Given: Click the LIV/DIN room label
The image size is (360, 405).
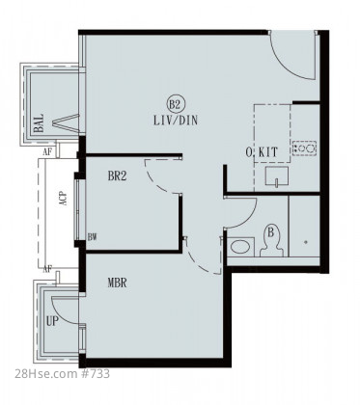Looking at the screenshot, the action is click(x=176, y=121).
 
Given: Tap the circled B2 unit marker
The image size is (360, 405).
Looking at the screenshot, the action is click(x=176, y=103).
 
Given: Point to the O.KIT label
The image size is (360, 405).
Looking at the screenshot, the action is click(x=262, y=152).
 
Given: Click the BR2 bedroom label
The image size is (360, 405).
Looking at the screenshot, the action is click(x=117, y=176).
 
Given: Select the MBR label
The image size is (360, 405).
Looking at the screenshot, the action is click(x=117, y=283).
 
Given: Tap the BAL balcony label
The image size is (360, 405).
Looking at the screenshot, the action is click(x=39, y=123).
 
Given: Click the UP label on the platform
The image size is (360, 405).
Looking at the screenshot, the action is click(x=52, y=321).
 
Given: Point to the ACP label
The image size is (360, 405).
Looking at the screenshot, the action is click(x=64, y=199).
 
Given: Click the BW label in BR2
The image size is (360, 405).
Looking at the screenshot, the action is click(x=92, y=237).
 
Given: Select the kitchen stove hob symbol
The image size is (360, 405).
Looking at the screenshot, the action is click(x=304, y=148).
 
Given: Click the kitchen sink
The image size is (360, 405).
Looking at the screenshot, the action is click(x=277, y=176).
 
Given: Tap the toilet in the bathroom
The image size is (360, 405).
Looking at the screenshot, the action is click(x=271, y=241).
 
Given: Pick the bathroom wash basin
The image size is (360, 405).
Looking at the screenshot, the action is click(x=240, y=247).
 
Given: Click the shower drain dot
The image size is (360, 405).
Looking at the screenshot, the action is click(x=306, y=242).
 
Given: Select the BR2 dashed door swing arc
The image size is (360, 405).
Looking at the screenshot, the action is click(x=153, y=181).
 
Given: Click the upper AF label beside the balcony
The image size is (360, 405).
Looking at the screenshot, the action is click(x=47, y=152).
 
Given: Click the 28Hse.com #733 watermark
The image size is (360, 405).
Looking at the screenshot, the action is click(x=63, y=374).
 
